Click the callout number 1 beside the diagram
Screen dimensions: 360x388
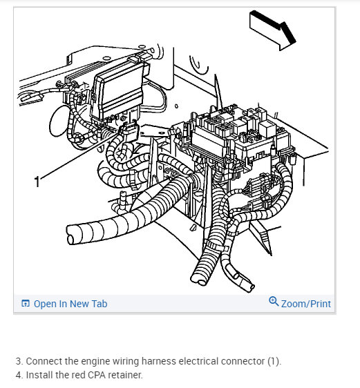click(x=37, y=182)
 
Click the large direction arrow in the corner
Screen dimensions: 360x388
click(x=273, y=30)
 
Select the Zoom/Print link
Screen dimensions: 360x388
click(x=306, y=304)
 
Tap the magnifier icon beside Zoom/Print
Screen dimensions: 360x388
click(x=274, y=301)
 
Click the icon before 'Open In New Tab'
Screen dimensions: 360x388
click(x=26, y=303)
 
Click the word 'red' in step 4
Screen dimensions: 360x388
click(x=79, y=375)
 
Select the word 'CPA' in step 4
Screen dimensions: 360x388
click(x=97, y=375)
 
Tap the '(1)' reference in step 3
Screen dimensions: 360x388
click(x=274, y=361)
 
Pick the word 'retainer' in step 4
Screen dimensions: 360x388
click(x=125, y=375)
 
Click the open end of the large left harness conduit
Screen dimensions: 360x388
click(x=71, y=235)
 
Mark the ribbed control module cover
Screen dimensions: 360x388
click(x=118, y=90)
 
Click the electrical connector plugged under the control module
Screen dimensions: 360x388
click(x=129, y=131)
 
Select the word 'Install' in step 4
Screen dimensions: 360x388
click(x=39, y=375)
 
